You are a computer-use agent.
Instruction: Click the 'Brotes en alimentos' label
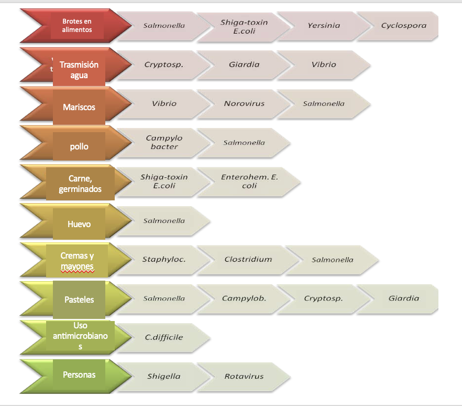point(77,26)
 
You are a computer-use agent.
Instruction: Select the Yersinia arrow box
point(324,26)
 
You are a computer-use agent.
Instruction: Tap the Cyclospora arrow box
point(403,26)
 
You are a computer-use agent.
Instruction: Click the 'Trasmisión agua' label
point(79,70)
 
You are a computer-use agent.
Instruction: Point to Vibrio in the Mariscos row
point(164,104)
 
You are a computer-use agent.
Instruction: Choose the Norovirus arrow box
point(244,104)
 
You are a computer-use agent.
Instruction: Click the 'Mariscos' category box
point(79,107)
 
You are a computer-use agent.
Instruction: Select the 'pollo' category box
point(79,146)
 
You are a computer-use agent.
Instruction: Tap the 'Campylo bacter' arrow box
point(164,143)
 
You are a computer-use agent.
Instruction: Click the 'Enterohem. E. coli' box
point(249,181)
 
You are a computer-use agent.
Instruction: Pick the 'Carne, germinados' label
point(80,184)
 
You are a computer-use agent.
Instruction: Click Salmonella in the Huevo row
point(164,221)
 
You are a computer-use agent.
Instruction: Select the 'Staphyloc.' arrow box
point(164,259)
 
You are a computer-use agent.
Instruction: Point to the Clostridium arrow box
point(248,259)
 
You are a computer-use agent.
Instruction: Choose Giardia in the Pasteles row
point(403,298)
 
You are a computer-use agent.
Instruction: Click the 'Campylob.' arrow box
point(244,298)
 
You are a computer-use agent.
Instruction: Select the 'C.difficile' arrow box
point(164,337)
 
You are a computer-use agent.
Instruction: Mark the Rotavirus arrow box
point(244,376)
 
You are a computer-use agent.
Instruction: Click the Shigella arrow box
point(164,376)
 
